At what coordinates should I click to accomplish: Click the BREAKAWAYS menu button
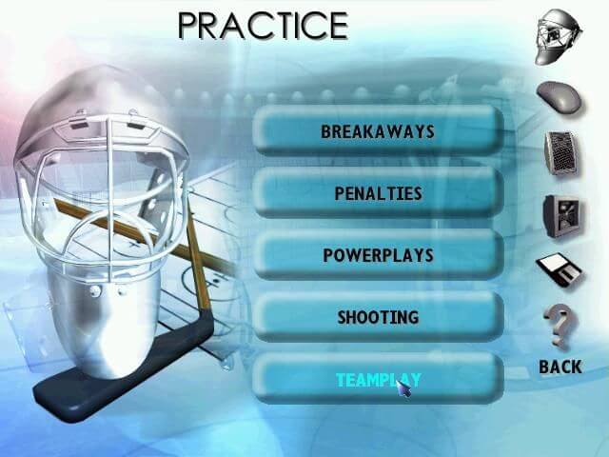click(379, 131)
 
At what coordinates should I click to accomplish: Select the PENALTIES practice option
click(379, 193)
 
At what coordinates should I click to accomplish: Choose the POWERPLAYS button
click(379, 255)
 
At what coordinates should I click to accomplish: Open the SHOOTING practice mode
click(379, 317)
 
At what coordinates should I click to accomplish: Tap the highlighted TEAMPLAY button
click(379, 380)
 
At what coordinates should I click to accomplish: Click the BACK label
click(560, 367)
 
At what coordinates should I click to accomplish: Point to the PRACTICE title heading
click(263, 26)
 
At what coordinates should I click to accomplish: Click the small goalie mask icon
click(559, 37)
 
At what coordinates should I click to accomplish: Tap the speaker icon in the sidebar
click(560, 152)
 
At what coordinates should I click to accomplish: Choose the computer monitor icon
click(562, 216)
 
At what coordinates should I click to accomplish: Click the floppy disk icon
click(559, 269)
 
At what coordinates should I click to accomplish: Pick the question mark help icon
click(560, 326)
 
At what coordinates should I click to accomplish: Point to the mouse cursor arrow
click(403, 388)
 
